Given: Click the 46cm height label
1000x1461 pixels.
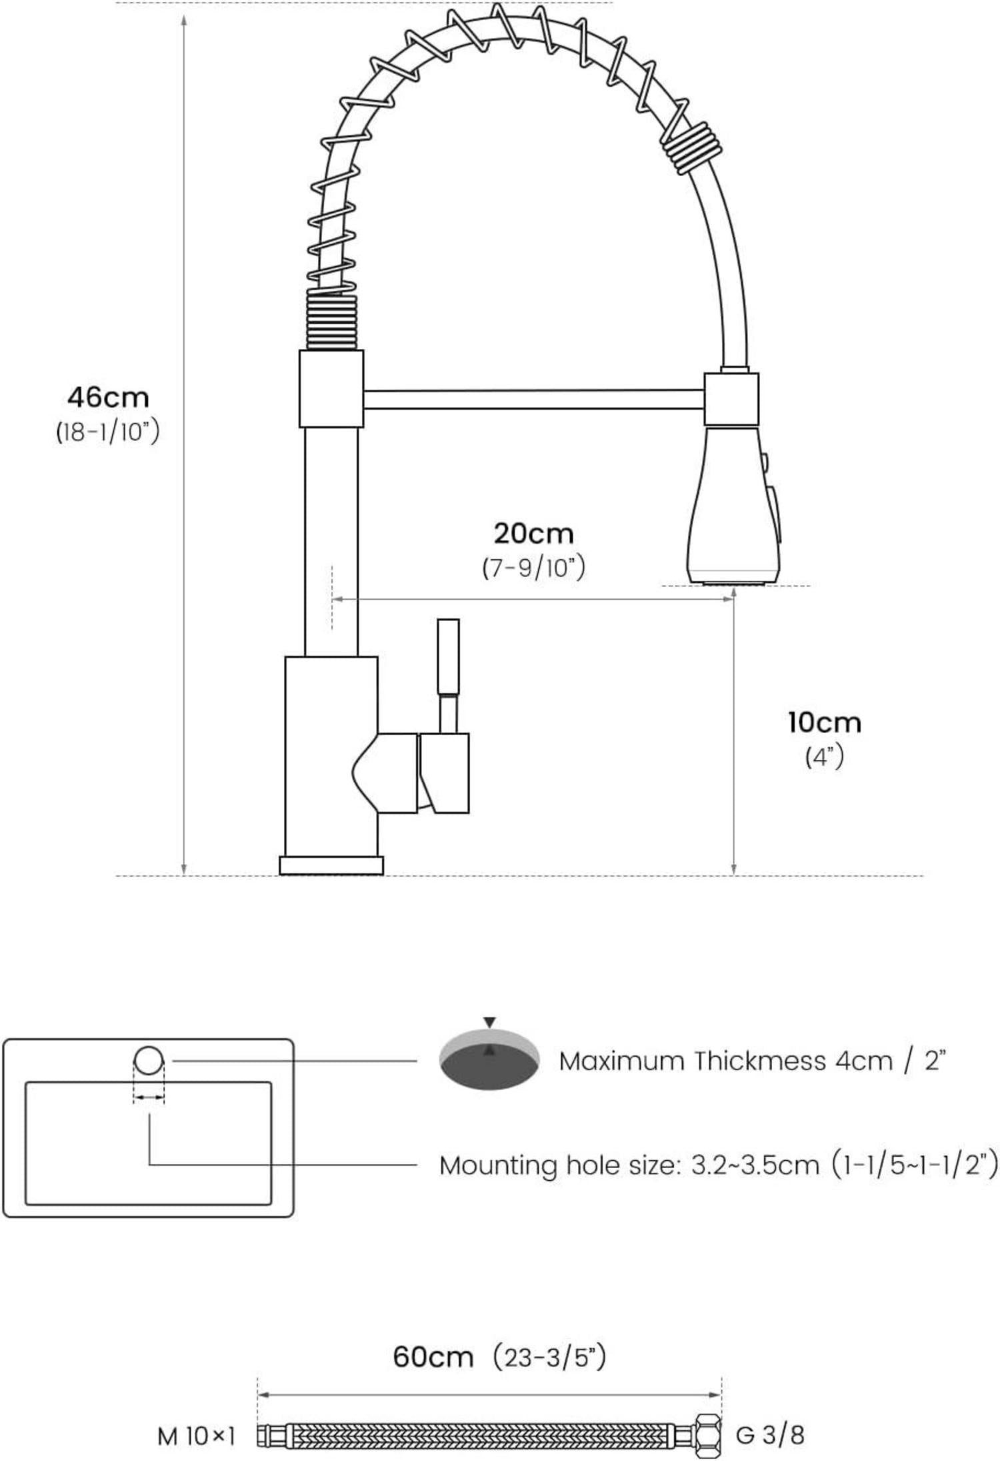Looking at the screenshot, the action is (x=108, y=398).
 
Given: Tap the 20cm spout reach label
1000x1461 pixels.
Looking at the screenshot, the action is (x=533, y=533).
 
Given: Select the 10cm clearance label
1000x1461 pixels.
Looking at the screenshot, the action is (x=825, y=722).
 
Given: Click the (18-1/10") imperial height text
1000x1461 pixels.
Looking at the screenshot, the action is (x=108, y=432).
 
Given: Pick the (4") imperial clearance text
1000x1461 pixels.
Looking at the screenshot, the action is (x=825, y=757).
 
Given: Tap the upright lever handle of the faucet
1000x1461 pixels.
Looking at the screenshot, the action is (x=448, y=675).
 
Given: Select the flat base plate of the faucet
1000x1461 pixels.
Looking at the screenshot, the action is (x=331, y=865).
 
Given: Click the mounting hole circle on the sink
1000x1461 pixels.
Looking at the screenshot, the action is (x=149, y=1060).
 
